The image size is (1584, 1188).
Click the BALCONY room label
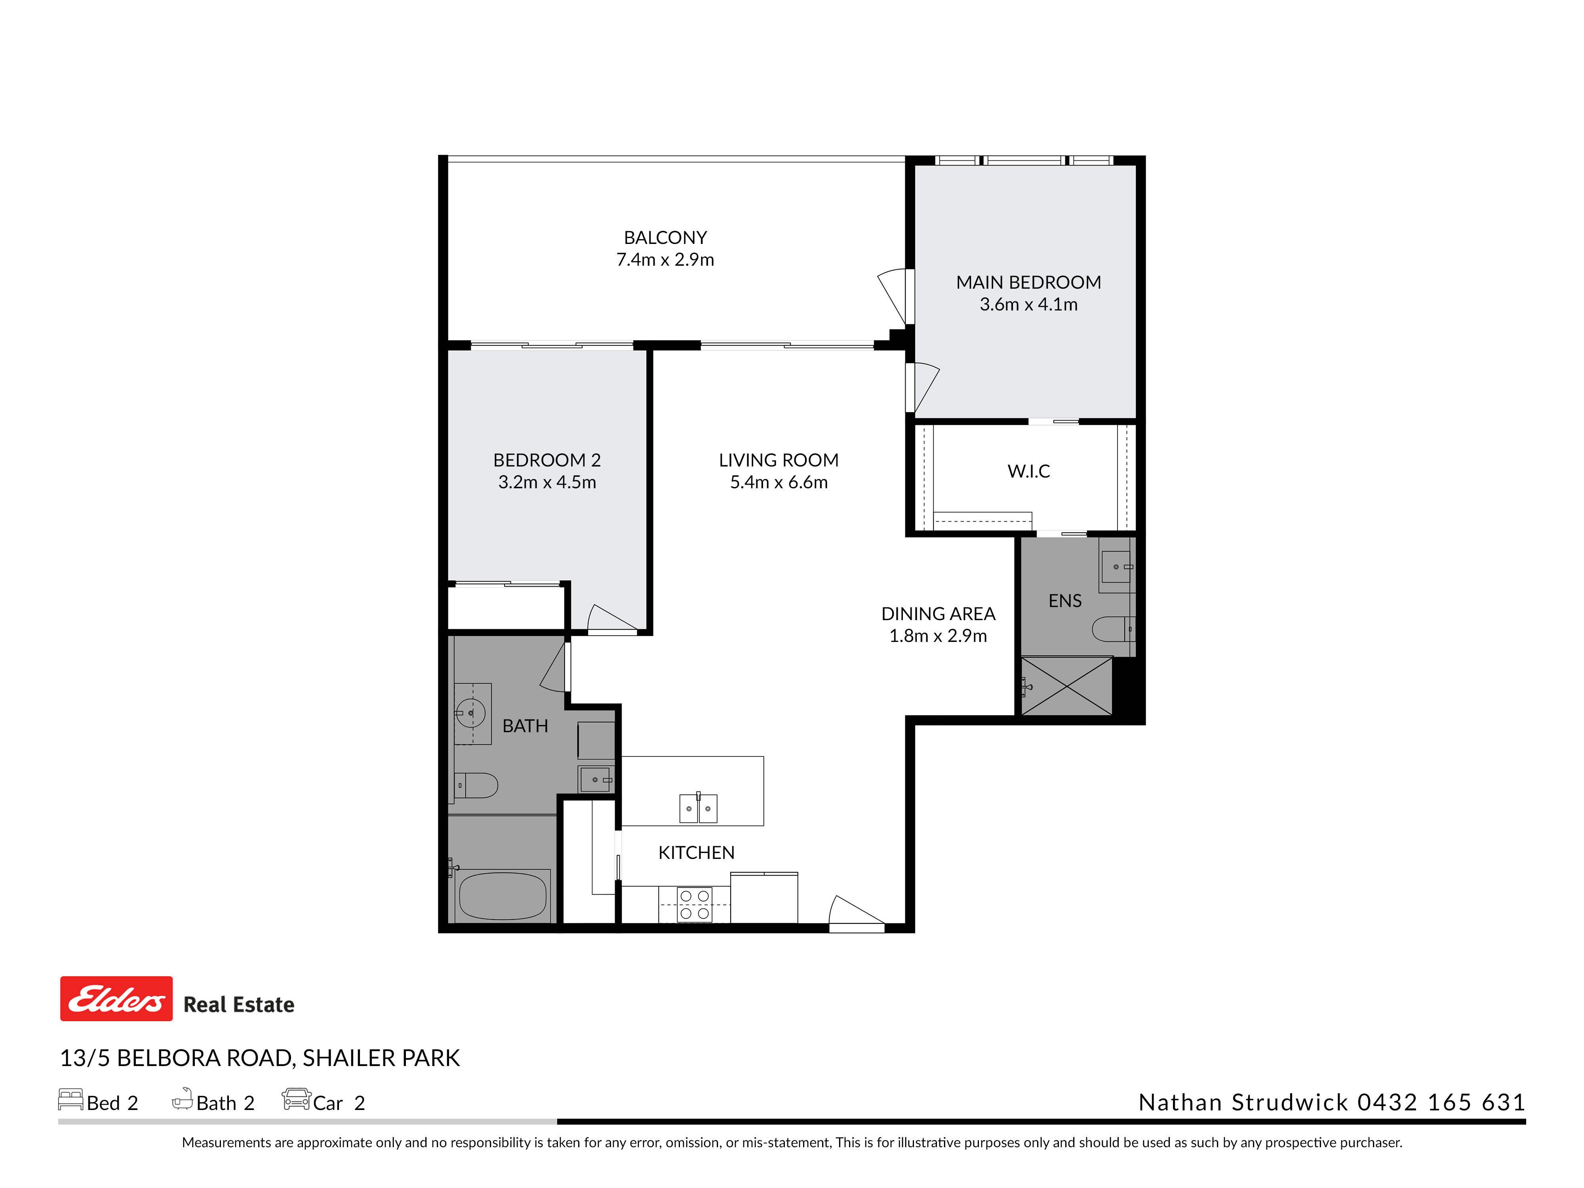[x=665, y=238]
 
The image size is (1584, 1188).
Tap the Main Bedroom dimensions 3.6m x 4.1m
[x=1028, y=305]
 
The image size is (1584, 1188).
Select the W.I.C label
[x=1028, y=471]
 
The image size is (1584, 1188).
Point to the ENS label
[x=1065, y=601]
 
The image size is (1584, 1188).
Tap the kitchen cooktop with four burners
[x=695, y=904]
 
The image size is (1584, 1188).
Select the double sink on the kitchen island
[x=698, y=809]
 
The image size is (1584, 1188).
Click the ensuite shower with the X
[x=1066, y=686]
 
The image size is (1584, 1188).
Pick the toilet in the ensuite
[x=1114, y=630]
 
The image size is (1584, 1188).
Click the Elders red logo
[x=116, y=998]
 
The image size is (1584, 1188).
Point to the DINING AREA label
[x=938, y=614]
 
